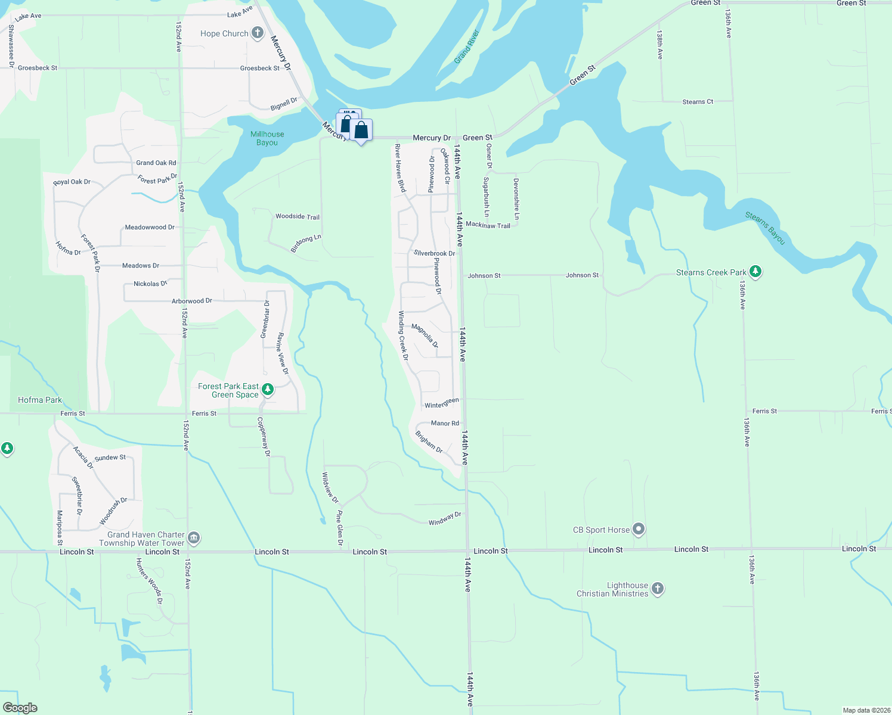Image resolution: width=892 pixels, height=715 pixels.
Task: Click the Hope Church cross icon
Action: click(257, 33)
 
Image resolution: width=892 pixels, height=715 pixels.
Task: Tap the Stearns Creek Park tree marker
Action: click(755, 272)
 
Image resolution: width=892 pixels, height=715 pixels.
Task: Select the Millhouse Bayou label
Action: click(267, 138)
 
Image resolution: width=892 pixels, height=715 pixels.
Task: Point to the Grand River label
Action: click(467, 46)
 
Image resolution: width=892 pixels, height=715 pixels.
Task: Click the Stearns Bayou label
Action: click(766, 228)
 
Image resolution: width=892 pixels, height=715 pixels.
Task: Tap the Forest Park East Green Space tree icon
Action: click(268, 390)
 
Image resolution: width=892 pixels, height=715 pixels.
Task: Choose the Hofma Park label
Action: click(40, 400)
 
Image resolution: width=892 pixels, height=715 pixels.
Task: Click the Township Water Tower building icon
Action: click(194, 539)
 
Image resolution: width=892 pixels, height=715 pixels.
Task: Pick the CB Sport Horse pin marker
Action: click(639, 529)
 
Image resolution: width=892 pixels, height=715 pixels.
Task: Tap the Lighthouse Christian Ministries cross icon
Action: click(657, 589)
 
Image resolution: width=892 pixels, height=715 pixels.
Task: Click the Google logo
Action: click(20, 708)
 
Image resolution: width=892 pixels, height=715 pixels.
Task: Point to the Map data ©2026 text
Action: click(865, 710)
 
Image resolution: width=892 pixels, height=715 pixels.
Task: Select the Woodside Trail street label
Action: click(298, 217)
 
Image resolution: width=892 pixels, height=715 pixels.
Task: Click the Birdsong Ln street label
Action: click(306, 244)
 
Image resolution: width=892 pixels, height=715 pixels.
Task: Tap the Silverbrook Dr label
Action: click(434, 253)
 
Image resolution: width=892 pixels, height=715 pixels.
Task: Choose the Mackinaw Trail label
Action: click(488, 225)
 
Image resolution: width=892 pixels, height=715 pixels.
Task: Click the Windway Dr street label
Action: click(445, 519)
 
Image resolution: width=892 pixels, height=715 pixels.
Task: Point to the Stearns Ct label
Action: click(698, 102)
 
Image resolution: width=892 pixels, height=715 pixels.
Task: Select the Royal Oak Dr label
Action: click(72, 182)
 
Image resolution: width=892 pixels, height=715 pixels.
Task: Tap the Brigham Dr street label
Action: click(429, 442)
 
